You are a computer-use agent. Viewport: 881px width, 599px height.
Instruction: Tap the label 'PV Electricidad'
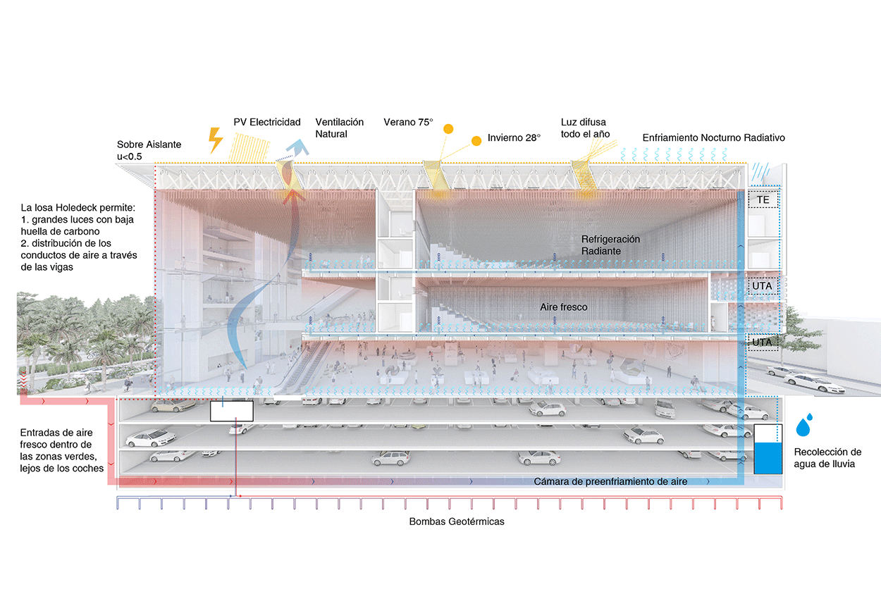(267, 122)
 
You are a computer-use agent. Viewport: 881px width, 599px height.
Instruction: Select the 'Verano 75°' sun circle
(447, 128)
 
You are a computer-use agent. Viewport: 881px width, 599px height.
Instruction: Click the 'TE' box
(763, 200)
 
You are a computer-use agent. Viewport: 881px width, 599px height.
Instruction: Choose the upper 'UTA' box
(763, 287)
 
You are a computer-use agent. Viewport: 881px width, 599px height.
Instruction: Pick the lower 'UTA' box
(763, 342)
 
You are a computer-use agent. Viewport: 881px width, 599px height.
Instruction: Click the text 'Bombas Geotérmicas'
(457, 522)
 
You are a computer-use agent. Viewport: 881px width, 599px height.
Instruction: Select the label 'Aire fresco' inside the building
(564, 307)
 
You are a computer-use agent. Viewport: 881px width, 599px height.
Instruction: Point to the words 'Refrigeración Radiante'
(610, 245)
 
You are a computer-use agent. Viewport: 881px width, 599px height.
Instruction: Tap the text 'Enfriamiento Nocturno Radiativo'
(713, 138)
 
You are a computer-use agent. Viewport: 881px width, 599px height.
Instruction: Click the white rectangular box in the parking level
(232, 411)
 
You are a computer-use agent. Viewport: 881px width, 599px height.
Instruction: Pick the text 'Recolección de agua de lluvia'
(827, 458)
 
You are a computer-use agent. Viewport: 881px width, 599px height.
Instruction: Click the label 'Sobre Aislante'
(149, 144)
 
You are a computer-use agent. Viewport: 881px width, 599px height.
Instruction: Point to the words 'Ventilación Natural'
(339, 128)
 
